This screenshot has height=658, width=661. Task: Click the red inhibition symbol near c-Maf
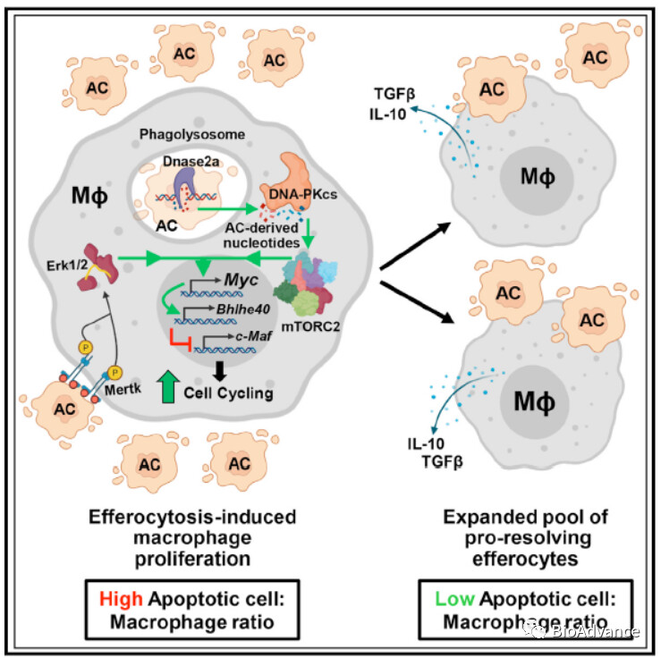[182, 339]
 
